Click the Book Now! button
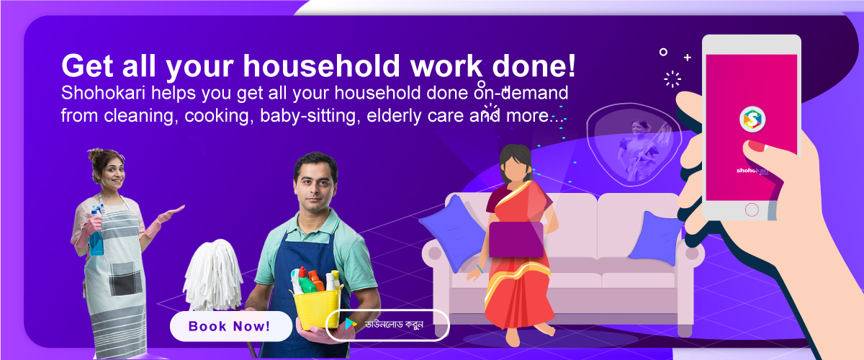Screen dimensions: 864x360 click(231, 326)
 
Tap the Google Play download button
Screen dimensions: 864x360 click(387, 325)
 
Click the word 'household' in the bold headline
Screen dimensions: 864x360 click(322, 66)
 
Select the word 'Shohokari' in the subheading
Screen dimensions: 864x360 click(103, 93)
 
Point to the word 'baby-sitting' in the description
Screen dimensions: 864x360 click(310, 116)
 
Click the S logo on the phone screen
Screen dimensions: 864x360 click(752, 120)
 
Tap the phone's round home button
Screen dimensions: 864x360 click(752, 210)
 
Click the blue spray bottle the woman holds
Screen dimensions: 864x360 click(96, 233)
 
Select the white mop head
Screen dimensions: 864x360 click(213, 275)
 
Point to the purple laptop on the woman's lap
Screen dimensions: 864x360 click(516, 239)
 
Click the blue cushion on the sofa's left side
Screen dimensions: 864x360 click(454, 232)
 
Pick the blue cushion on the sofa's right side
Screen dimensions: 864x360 click(655, 238)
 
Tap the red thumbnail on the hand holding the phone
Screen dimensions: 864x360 click(756, 146)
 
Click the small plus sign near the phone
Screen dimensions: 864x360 click(688, 58)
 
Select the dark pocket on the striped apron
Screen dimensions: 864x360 click(125, 279)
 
